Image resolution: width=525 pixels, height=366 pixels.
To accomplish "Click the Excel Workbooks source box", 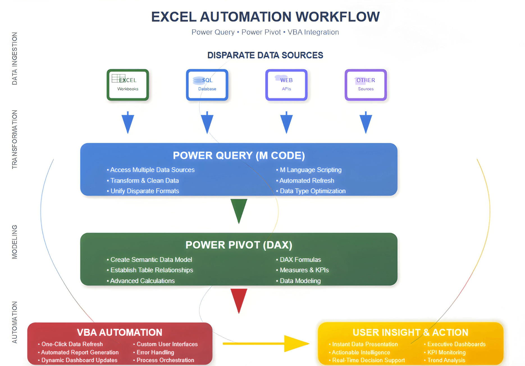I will [128, 85].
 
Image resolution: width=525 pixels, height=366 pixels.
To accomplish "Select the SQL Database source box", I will [207, 85].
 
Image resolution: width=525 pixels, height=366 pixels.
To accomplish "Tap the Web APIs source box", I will [286, 85].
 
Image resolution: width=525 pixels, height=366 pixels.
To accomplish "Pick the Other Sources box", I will [366, 85].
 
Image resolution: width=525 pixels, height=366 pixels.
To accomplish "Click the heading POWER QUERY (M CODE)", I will [239, 155].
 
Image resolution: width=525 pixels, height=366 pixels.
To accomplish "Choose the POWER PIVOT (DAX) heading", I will [239, 245].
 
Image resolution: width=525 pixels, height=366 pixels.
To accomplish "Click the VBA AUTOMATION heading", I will [120, 332].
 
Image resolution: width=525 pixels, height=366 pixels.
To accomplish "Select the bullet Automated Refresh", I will [307, 181].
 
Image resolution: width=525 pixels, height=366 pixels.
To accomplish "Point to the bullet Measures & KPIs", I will [304, 270].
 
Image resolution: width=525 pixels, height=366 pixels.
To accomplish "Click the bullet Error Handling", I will [155, 352].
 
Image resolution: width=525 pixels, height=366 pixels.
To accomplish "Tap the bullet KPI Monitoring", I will [446, 352].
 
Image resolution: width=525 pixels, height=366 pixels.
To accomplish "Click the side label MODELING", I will [15, 242].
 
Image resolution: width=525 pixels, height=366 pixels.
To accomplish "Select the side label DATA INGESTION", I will [15, 58].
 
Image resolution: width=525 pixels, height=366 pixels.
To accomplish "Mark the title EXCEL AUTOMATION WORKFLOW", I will [265, 17].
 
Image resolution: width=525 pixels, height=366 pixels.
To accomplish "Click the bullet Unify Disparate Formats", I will [145, 191].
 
